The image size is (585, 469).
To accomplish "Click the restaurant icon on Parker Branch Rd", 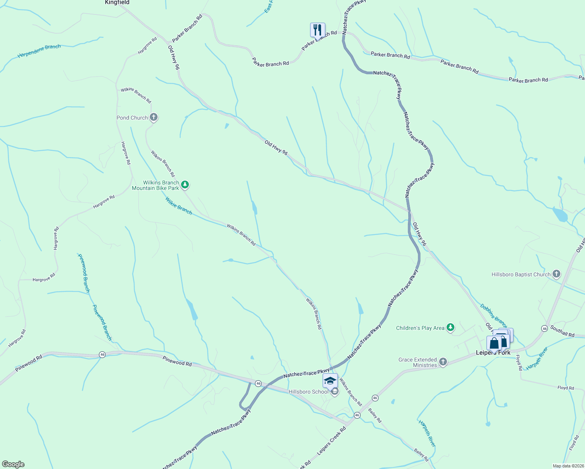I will point(318,29).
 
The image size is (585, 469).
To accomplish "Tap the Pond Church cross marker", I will point(154,117).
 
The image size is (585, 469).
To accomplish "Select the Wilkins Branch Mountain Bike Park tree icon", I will point(185,185).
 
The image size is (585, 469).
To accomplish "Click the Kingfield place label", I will point(117,2).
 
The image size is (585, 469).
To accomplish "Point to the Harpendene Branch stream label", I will point(39,51).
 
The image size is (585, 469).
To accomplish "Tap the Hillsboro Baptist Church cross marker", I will point(556,274).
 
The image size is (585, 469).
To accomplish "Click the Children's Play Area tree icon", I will point(450,328).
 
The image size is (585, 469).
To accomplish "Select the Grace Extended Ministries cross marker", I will point(443,362).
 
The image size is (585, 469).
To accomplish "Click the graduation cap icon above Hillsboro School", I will point(330,380).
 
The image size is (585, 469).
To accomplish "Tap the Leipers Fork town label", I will point(493,353).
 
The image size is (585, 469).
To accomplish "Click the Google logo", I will point(13,464).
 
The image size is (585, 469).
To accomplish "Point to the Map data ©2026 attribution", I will point(567,466).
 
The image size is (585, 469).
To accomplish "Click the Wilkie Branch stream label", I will point(179,206).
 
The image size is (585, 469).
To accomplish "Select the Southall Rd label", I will point(562,331).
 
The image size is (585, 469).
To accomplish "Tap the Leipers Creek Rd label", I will point(331,440).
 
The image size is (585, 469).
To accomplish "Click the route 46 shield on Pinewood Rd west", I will point(102,354).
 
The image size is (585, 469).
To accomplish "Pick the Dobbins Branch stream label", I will point(493,316).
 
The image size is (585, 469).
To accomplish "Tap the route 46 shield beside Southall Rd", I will point(544,328).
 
